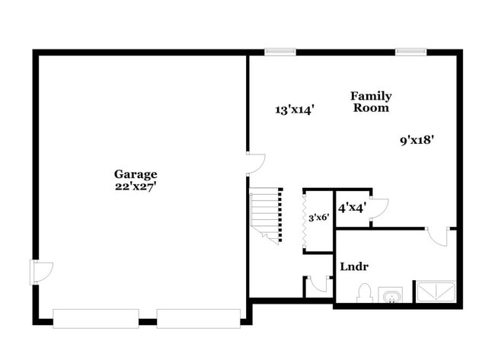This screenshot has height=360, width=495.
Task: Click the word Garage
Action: pos(136,174)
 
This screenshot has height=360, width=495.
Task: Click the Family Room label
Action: pos(371,102)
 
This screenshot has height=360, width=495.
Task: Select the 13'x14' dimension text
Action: pos(295,110)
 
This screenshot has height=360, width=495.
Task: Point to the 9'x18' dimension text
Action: pos(417,140)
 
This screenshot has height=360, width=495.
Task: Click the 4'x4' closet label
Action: pos(352,206)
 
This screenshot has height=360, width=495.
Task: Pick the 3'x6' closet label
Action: pos(318,218)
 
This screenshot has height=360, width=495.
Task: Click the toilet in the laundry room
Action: pos(364,293)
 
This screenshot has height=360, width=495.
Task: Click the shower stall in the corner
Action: pos(434,292)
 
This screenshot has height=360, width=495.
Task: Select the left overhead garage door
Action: pos(95,317)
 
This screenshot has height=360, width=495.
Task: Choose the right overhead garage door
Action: pos(198,317)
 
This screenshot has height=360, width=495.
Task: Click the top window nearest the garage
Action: pos(279,52)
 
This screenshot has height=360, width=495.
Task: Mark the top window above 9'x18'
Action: pos(410,52)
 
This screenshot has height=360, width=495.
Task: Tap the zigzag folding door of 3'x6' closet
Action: pos(305,221)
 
